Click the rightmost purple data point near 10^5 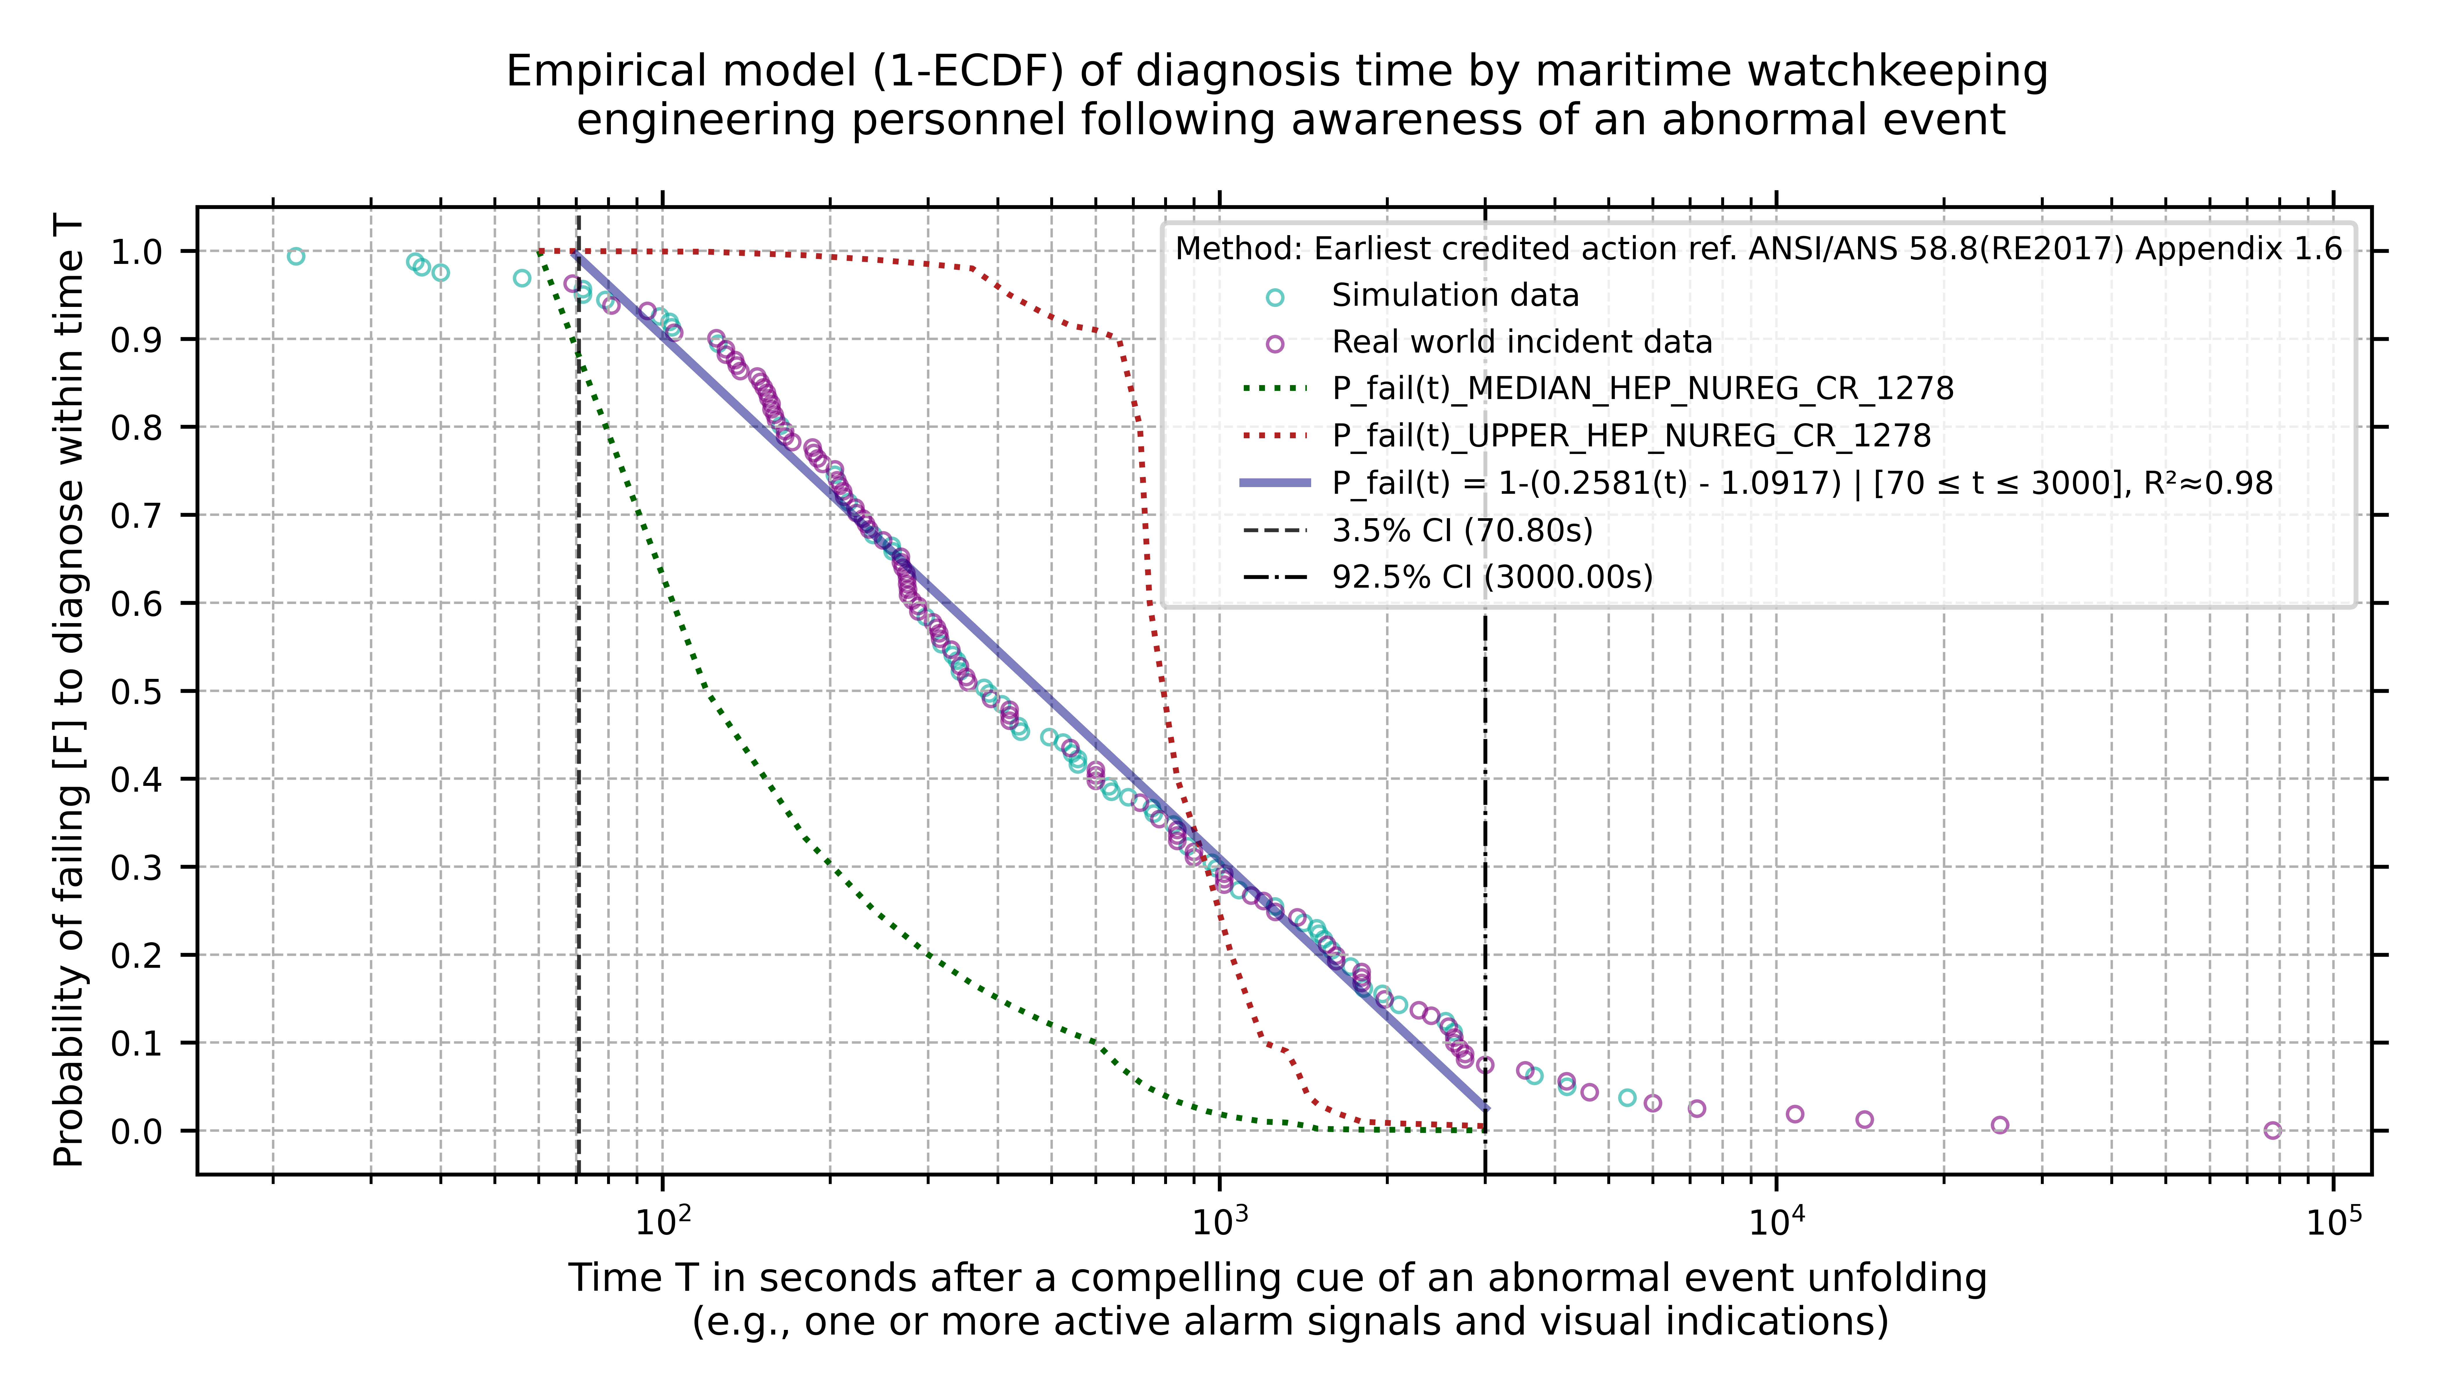pyautogui.click(x=2272, y=1131)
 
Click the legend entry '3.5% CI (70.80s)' pyautogui.click(x=1462, y=530)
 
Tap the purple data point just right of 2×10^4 pyautogui.click(x=1999, y=1125)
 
